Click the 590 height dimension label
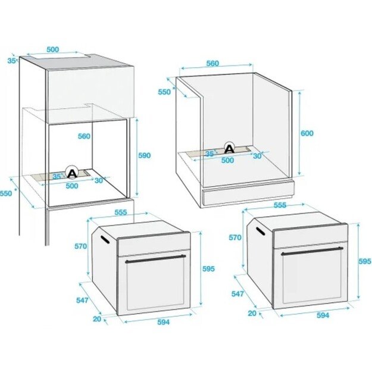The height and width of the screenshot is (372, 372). pos(145,155)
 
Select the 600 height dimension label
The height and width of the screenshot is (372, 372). pos(307,133)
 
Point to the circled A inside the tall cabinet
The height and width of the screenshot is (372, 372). pos(72,173)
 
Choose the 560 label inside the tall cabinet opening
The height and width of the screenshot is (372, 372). pos(84,136)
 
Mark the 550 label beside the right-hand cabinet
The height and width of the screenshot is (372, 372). pos(165,92)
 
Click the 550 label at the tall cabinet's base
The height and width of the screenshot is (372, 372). pos(6,193)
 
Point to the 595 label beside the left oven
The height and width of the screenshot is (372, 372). pos(208,269)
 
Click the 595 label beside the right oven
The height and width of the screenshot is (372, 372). pos(365,261)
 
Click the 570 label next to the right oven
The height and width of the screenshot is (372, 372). pos(235,237)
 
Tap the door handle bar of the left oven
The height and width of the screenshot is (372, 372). pos(154,258)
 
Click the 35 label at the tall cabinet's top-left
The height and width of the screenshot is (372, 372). pos(11,60)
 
